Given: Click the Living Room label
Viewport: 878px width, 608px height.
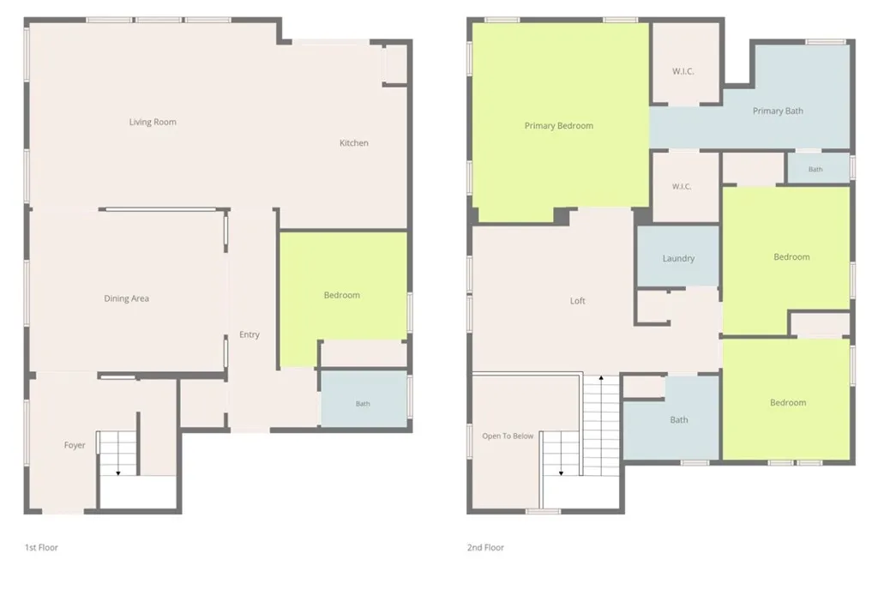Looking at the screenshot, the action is pos(153,122).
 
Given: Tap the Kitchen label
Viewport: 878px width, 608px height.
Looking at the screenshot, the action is pos(354,142).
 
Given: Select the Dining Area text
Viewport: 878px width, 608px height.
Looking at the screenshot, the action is pos(127,298).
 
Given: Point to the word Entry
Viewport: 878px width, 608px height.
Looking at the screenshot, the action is pos(250,334).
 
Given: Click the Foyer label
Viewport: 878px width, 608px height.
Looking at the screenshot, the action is pos(75,445).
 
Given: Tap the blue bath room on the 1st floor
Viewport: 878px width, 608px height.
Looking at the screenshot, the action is pos(364,399).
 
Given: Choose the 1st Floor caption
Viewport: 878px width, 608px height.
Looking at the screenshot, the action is pos(41,547).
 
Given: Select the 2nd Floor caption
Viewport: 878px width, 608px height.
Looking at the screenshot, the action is pos(485,547).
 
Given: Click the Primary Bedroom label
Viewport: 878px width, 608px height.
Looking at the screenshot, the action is pos(559,126).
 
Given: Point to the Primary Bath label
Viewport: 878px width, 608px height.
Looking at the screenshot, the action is pos(778,111).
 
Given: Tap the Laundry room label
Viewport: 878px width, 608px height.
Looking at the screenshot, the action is pos(679,259).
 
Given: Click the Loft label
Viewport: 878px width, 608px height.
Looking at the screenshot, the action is pos(577,301).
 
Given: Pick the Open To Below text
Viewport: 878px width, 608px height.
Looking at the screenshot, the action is pos(508,436).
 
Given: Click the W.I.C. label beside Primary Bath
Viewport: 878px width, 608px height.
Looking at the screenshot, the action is pos(683,72).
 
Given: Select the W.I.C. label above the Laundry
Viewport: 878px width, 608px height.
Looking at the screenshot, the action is pos(682,186).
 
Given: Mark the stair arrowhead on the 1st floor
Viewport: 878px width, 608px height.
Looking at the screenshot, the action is pos(118,473).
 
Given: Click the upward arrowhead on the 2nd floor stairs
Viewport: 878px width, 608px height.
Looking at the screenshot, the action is pos(601,378).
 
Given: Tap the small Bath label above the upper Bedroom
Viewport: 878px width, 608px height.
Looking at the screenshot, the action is pos(815,169).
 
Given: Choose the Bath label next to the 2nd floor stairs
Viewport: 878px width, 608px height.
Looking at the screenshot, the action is pos(679,420).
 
